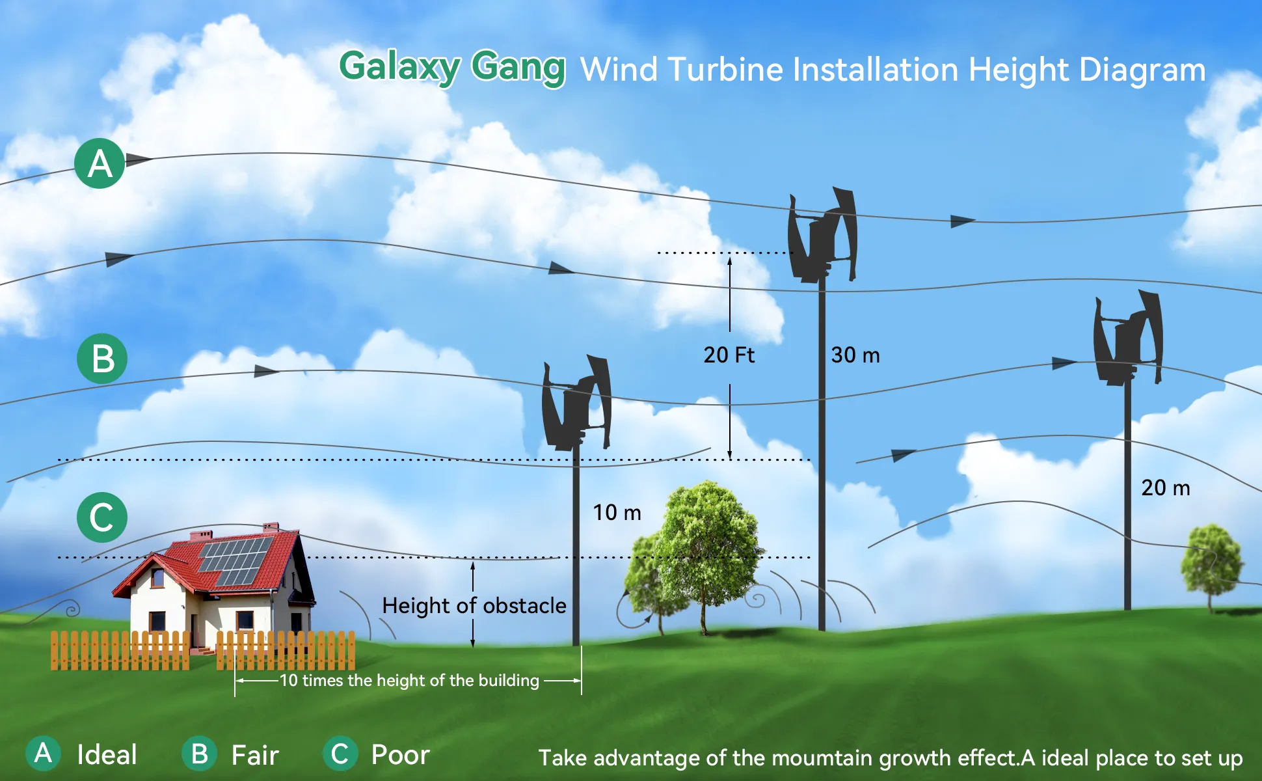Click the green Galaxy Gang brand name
tap(452, 68)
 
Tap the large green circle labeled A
tap(100, 163)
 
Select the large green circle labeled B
tap(102, 359)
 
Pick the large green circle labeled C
tap(102, 517)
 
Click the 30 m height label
tap(855, 355)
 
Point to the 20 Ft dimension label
tap(729, 355)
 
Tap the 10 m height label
tap(617, 513)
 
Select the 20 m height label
tap(1166, 488)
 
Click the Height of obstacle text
tap(474, 606)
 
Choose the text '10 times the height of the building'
tap(410, 681)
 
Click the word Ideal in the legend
tap(107, 755)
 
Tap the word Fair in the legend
tap(255, 756)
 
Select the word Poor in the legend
tap(400, 755)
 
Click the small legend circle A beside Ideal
tap(43, 754)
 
